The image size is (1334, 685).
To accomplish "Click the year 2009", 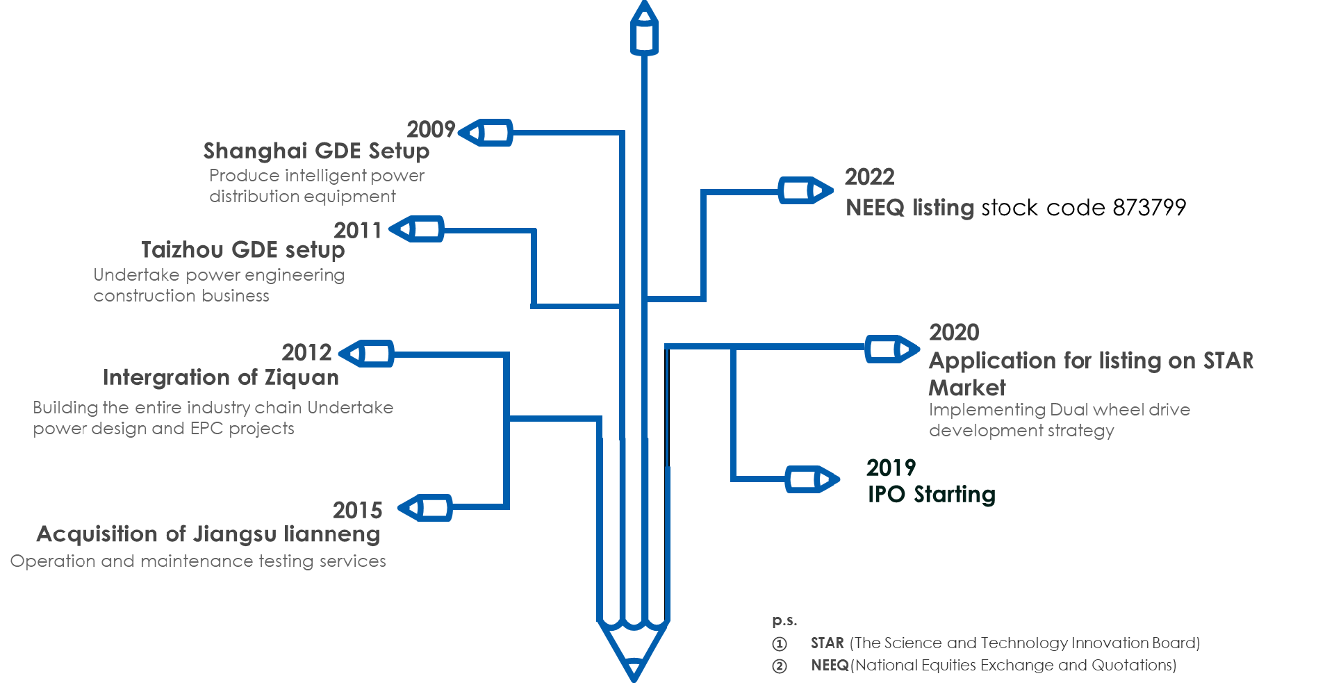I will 431,129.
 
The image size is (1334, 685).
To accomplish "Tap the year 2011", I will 358,230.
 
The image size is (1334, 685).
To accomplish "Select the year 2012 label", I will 306,352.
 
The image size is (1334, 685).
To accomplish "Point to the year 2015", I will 357,510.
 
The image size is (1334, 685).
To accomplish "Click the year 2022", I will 869,177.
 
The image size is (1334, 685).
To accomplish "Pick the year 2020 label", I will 954,332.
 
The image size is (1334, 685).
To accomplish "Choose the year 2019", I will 891,468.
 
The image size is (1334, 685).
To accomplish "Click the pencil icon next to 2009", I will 486,132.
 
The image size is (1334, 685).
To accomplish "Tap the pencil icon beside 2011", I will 417,229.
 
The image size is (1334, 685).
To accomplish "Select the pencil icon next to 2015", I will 425,508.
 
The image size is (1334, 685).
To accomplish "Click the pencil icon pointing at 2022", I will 805,190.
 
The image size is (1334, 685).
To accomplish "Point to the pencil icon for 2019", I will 812,479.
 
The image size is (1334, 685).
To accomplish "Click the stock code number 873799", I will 1149,207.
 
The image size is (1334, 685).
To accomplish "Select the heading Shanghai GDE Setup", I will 316,151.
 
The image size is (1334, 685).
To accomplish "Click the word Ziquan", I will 302,377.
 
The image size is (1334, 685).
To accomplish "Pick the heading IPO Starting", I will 931,494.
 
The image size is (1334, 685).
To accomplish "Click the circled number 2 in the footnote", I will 780,666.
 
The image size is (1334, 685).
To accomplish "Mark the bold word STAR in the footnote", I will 827,643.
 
